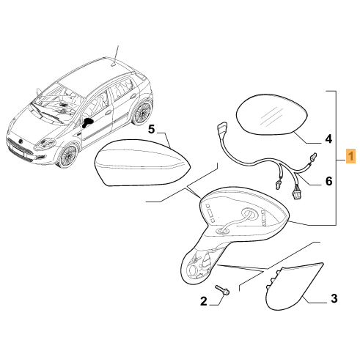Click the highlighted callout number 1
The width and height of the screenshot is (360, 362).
point(350,156)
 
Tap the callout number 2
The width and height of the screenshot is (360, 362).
point(204,301)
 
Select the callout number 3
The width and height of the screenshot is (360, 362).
point(334,298)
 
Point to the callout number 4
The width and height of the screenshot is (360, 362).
point(328,139)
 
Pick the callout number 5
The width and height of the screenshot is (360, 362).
point(152,129)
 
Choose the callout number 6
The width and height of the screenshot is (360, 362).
point(329,181)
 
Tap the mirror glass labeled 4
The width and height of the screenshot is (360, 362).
point(271,114)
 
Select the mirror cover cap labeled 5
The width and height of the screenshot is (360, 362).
point(143,163)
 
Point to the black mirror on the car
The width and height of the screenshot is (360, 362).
point(87,122)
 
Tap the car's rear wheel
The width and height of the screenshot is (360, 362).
point(142,113)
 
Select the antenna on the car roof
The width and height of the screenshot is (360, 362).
point(117,55)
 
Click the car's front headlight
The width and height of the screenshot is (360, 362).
point(45,143)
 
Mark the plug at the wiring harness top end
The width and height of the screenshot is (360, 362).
point(221,128)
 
